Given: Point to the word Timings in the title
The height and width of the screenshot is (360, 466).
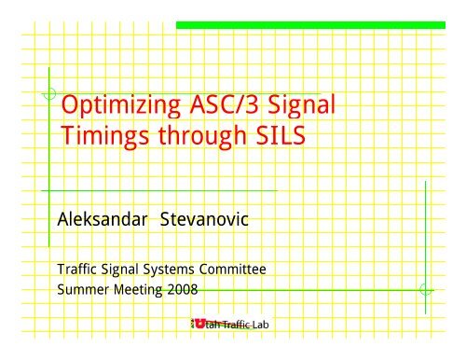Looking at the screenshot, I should coord(100,142).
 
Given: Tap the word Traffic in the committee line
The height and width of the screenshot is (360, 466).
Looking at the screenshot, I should coord(79,270).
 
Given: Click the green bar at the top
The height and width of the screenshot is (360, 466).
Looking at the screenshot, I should coord(317,24).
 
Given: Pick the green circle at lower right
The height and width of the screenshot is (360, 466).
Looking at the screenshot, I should coord(425,289).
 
